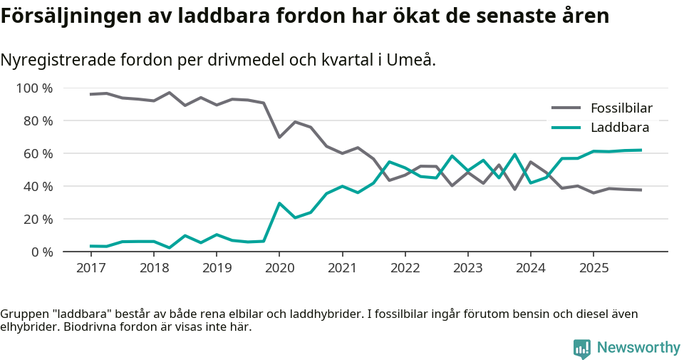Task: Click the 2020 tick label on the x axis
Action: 279,268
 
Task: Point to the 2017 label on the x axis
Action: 90,268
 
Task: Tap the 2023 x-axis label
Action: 467,268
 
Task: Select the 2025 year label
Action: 594,268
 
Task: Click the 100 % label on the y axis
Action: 34,88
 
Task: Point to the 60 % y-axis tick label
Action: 37,154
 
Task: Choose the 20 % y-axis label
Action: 37,219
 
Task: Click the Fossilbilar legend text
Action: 621,108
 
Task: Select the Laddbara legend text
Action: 619,128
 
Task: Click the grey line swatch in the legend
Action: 566,108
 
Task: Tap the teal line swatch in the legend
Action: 566,128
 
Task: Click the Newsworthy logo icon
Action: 581,348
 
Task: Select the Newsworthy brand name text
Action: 638,348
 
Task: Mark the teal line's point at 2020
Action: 279,203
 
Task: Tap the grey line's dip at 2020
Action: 279,137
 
